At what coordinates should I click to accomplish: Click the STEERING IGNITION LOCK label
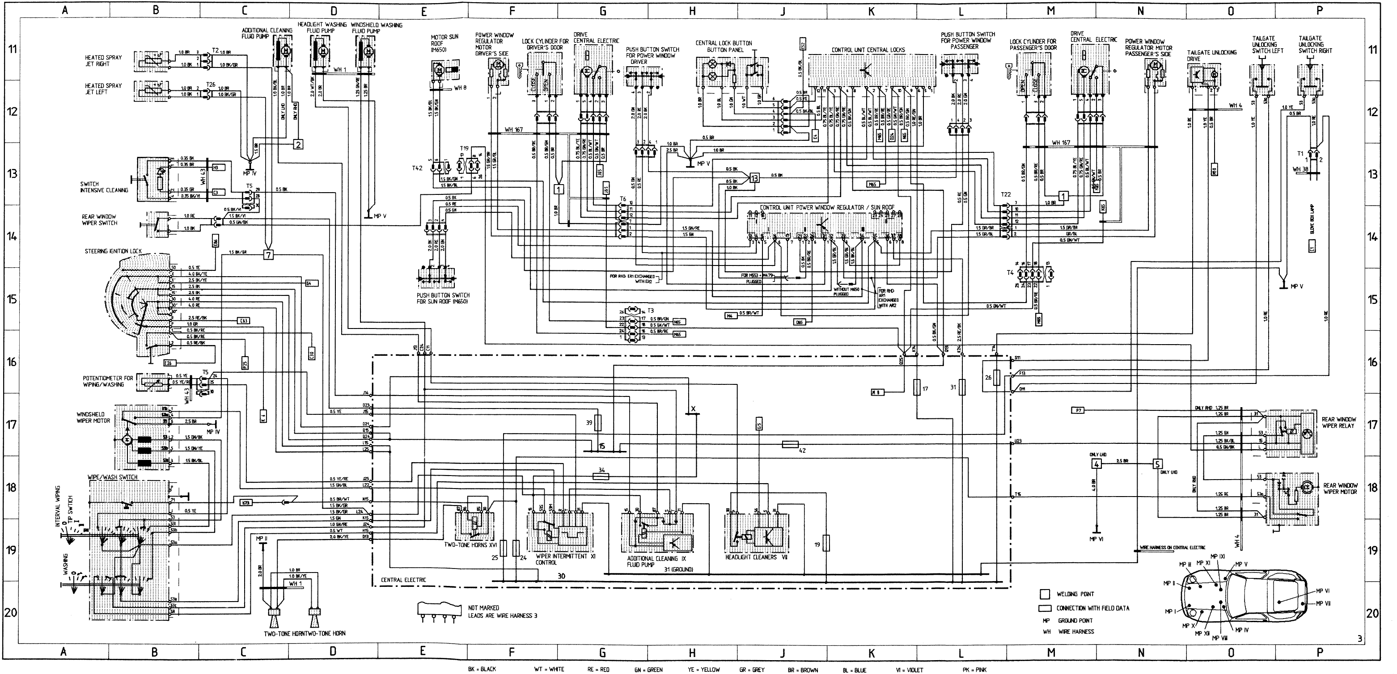tap(113, 252)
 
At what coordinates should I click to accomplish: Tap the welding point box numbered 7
tap(268, 254)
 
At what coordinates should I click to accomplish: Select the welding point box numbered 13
tap(754, 177)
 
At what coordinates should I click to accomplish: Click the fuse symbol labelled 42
tap(791, 445)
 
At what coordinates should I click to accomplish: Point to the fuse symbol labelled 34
tap(600, 476)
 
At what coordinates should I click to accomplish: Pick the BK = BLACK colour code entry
tap(482, 669)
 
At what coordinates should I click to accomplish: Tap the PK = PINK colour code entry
tap(974, 669)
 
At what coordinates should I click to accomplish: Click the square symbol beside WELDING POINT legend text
tap(1045, 594)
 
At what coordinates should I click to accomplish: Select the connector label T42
tap(416, 168)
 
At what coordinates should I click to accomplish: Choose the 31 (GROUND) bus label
tap(678, 569)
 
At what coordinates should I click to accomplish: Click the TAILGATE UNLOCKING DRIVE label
tap(1211, 56)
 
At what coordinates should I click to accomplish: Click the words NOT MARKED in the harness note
tap(483, 608)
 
